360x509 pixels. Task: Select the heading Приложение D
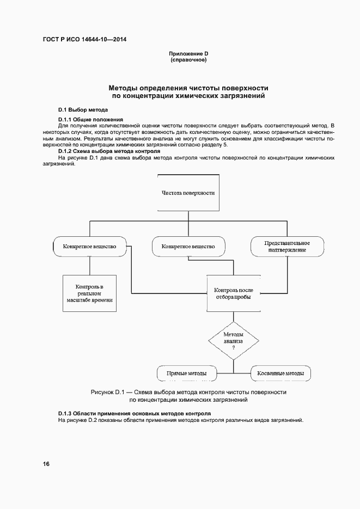point(188,53)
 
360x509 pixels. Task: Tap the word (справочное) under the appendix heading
point(188,59)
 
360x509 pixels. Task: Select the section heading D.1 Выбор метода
point(79,109)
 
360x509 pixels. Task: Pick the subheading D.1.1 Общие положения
point(90,119)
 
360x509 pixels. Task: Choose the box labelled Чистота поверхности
point(188,193)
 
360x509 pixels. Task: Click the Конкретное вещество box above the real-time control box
point(90,246)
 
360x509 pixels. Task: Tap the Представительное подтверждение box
point(287,246)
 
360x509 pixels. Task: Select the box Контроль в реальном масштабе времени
point(89,293)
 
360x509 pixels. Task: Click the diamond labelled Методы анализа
point(233,338)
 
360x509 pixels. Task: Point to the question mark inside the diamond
point(233,347)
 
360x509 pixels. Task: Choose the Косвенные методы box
point(280,373)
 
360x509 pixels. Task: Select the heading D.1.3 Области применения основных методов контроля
point(134,414)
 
